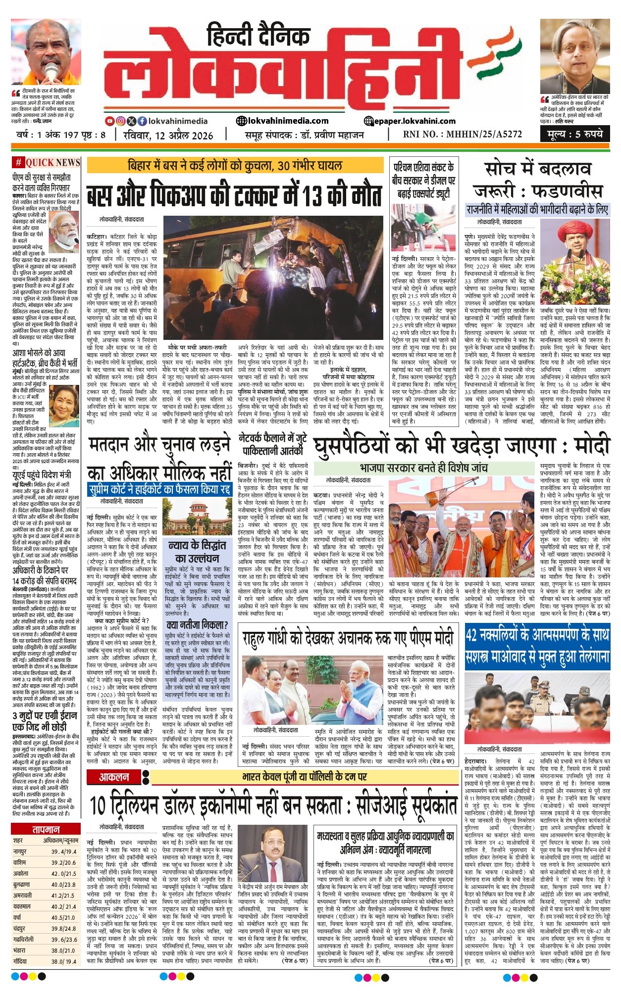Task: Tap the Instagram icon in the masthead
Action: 120,121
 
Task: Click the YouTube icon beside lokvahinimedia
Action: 110,121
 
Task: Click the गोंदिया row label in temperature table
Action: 22,961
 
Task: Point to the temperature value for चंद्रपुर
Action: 64,928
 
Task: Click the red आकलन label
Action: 114,777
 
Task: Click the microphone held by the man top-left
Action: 52,70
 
